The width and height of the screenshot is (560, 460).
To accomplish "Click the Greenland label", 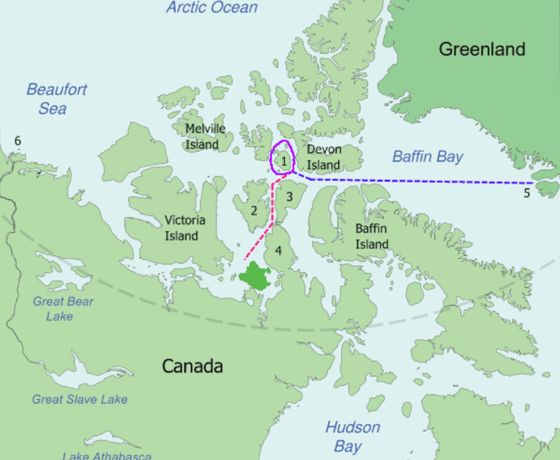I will click(x=482, y=49).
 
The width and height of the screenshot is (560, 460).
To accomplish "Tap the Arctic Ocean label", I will click(x=212, y=8).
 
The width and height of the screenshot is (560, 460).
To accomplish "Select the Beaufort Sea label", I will click(x=56, y=99).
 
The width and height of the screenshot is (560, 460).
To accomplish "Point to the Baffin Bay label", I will click(x=428, y=157).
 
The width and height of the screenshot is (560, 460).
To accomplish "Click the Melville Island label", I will click(x=205, y=136).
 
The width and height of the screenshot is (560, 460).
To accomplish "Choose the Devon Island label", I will click(x=324, y=157).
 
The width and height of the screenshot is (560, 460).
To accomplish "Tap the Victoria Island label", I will click(x=185, y=228).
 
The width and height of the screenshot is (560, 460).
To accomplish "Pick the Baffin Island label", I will click(x=372, y=236).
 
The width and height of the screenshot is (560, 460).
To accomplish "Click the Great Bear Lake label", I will click(x=63, y=308).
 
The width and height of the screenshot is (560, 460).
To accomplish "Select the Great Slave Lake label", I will click(x=79, y=399).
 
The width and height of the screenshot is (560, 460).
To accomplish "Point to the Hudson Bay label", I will click(x=352, y=437).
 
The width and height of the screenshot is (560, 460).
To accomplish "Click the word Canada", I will click(x=192, y=366).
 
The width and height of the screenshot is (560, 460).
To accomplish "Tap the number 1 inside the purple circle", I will click(x=283, y=160).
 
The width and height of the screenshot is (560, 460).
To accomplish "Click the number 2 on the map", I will click(x=254, y=210).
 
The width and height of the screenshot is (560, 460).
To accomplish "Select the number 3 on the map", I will click(x=289, y=196).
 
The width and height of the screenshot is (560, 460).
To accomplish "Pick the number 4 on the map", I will click(x=278, y=250).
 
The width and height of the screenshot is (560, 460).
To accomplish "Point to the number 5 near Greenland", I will click(x=526, y=194).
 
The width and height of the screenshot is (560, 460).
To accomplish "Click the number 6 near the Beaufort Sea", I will click(x=17, y=141).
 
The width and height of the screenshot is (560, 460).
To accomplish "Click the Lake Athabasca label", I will click(x=107, y=455).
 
